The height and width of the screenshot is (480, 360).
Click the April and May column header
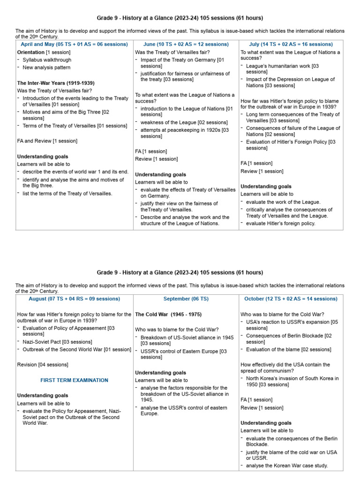(x=74, y=44)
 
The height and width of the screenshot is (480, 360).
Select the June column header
(x=186, y=44)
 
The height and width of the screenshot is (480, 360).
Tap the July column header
(x=291, y=44)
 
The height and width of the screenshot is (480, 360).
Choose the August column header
(x=75, y=299)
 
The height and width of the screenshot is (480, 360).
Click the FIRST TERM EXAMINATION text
(x=75, y=380)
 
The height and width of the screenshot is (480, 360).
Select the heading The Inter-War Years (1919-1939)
(x=59, y=83)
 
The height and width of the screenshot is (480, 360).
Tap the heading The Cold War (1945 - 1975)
(x=168, y=314)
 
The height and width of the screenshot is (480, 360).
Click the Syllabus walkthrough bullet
(x=47, y=60)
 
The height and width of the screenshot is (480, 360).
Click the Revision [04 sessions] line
(x=43, y=364)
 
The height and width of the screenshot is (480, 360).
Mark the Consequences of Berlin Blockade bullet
(x=292, y=338)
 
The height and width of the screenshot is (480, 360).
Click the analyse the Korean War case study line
(x=287, y=465)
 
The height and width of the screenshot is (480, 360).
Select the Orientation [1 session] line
(x=44, y=52)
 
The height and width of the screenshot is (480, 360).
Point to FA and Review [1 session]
(x=47, y=141)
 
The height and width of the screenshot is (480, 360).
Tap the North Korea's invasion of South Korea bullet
(x=292, y=381)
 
